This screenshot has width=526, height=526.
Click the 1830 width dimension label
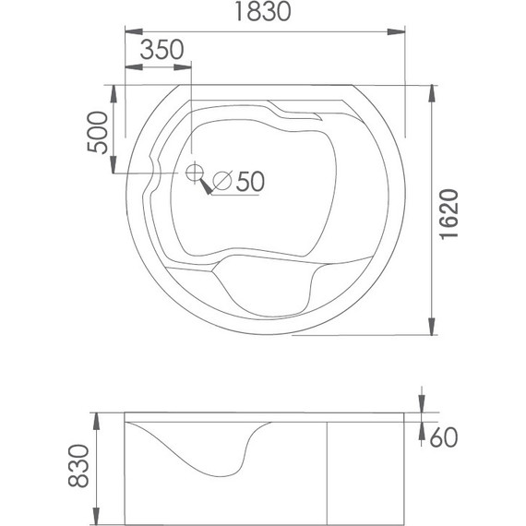pos(263,11)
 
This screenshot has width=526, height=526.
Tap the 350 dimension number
pos(161,50)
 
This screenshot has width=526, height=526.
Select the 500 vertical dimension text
pos(98,132)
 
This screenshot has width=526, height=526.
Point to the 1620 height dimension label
pos(448,214)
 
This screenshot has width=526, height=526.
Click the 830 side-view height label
pos(78,466)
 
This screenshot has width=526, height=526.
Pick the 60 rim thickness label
pos(444,437)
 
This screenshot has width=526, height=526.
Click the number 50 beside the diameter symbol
pos(250,182)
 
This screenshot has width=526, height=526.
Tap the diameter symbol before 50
pos(222,181)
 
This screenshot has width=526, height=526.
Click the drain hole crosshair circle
pos(195,172)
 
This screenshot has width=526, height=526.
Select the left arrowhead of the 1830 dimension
pos(134,32)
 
